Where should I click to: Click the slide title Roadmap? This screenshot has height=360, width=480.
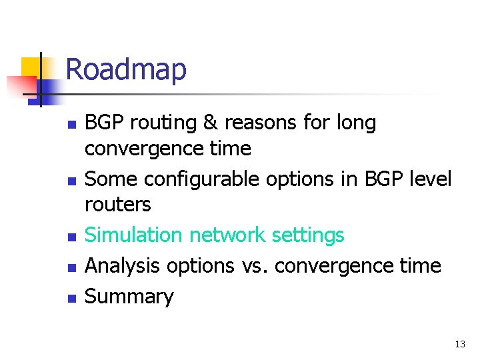[x=126, y=69]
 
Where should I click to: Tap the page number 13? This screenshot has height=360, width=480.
[x=459, y=344]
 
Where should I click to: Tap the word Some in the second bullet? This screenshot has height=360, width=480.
[x=111, y=179]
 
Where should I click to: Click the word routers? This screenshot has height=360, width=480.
[x=118, y=204]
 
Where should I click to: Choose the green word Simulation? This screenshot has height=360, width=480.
[x=134, y=235]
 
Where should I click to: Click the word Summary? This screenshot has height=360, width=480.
[x=129, y=297]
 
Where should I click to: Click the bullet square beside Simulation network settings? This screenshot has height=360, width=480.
[x=72, y=237]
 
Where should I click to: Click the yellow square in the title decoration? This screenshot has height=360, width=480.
[x=31, y=68]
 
